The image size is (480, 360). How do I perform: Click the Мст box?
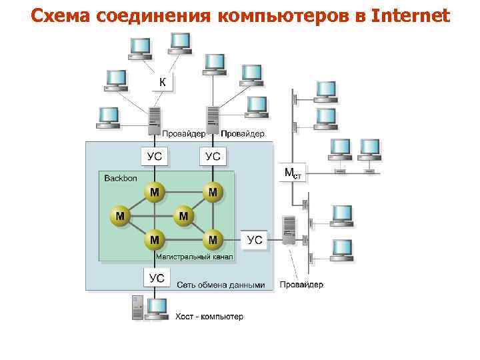pos(293,173)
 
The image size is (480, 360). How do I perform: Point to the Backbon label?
pos(120,179)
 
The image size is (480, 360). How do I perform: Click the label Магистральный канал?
pos(194,255)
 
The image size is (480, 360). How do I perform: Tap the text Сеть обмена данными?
pos(221,285)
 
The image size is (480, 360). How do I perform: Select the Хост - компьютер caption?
pos(209,316)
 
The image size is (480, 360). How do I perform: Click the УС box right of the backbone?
pos(255,240)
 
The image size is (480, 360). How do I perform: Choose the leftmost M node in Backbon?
pos(120,216)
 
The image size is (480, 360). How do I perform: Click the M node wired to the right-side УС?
pos(213,238)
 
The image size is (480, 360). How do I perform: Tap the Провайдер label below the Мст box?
pos(301,285)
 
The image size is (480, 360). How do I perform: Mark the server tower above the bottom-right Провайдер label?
pos(289,230)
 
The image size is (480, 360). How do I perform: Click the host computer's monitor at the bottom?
pos(157,308)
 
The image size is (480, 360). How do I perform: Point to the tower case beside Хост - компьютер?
pos(138,308)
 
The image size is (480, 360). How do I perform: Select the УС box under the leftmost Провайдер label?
pos(155,157)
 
